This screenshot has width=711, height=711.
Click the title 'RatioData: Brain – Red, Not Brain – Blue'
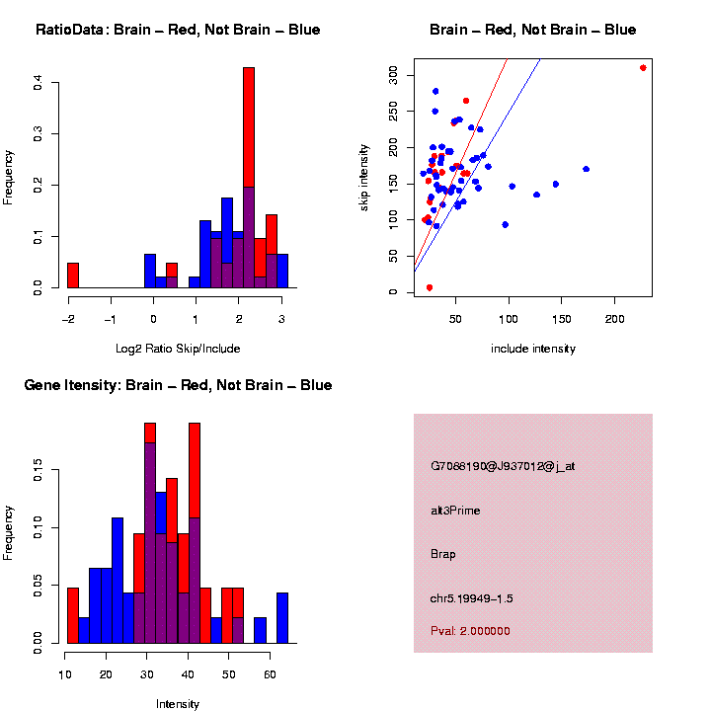(178, 30)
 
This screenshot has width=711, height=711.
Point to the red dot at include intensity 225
(643, 68)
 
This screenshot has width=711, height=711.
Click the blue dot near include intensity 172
(586, 169)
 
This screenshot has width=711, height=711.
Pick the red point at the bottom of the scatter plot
(430, 287)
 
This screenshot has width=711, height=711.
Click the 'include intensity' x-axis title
(533, 348)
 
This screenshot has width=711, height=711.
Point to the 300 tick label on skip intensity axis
(392, 74)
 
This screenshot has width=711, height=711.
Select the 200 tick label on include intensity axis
(614, 319)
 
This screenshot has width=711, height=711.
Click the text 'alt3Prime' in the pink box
(455, 511)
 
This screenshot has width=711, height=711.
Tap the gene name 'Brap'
(443, 554)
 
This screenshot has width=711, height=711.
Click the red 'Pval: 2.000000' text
(470, 630)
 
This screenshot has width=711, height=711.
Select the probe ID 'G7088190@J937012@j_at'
(503, 466)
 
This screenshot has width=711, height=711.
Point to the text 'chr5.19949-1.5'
(471, 597)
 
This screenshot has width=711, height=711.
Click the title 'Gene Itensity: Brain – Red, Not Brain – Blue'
(178, 385)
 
